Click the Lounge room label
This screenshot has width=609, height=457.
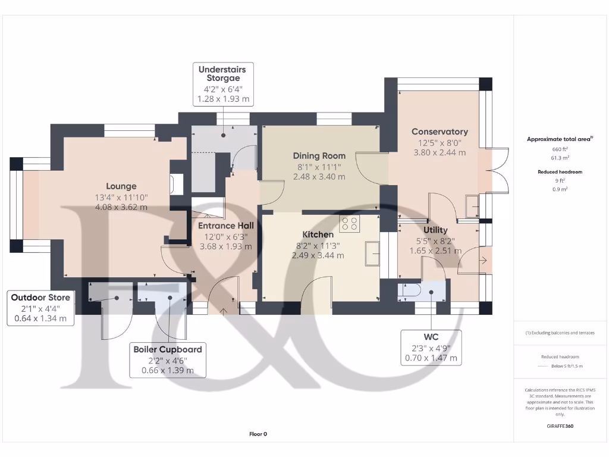coord(121,186)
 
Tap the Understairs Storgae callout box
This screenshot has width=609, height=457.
coord(222,84)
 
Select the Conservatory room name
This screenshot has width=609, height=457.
coord(440,132)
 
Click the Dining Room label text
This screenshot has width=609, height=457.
coord(319,156)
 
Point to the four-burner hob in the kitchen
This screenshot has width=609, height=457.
coord(349,224)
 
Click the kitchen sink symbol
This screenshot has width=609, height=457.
coord(373,253)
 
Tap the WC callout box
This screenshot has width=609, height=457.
coord(431,347)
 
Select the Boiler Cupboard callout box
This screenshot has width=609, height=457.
coord(168,359)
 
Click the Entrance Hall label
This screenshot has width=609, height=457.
coord(225,226)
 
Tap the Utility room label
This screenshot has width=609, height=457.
coord(435,230)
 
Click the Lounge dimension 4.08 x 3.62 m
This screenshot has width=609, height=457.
coord(121,207)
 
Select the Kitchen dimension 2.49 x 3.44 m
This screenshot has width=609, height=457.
coord(318,255)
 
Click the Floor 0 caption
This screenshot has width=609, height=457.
coord(258,434)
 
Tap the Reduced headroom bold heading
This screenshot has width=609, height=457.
coord(560,172)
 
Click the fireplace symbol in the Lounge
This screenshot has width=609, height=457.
coord(176,184)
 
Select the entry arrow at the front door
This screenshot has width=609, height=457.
coord(224,310)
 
